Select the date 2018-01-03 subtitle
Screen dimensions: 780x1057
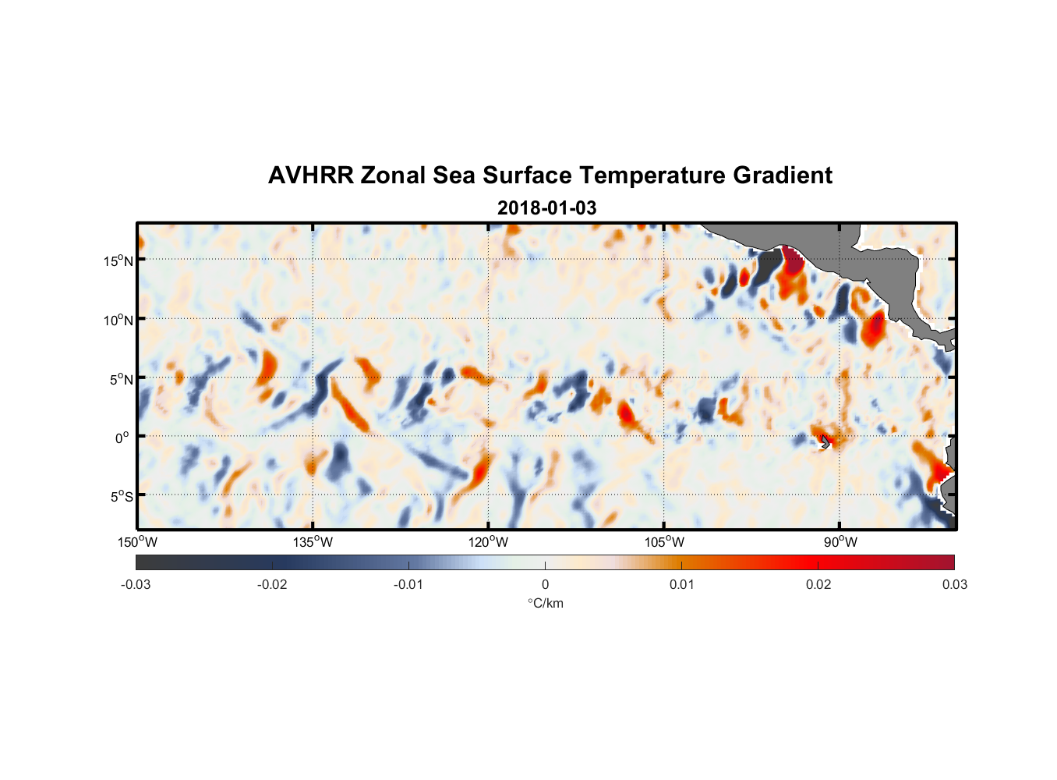click(x=546, y=208)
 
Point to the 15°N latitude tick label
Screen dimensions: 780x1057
click(x=118, y=261)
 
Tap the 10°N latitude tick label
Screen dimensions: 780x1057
click(x=118, y=320)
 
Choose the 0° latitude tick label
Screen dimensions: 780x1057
click(x=122, y=438)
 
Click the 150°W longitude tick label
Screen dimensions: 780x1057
click(x=138, y=542)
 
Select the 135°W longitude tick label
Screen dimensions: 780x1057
click(x=313, y=542)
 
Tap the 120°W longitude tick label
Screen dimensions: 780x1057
click(x=489, y=542)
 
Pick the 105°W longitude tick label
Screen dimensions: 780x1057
click(x=664, y=542)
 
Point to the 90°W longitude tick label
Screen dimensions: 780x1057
click(x=840, y=542)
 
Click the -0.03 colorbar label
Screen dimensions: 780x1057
click(x=136, y=584)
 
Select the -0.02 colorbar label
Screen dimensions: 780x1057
click(x=272, y=584)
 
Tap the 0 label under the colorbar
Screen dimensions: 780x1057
click(x=545, y=584)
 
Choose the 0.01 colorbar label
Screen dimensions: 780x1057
click(x=681, y=584)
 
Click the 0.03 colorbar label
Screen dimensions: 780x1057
click(x=954, y=584)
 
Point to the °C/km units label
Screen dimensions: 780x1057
click(x=545, y=603)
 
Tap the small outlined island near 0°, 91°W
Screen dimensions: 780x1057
click(x=825, y=441)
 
